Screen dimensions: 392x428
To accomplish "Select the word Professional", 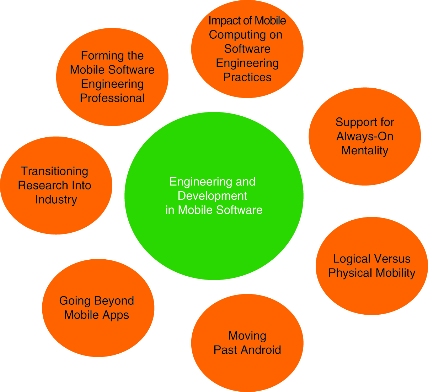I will [112, 98].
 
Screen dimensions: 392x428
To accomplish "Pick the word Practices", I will [247, 77].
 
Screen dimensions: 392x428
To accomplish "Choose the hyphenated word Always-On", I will [365, 137].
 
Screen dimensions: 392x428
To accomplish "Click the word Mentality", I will [365, 151].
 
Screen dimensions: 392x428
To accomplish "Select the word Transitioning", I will [55, 171].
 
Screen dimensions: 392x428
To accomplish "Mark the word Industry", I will [56, 200].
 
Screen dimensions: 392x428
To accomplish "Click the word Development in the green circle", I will [213, 196].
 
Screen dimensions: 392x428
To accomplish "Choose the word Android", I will [261, 350].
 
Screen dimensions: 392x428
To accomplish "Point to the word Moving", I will [247, 336].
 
